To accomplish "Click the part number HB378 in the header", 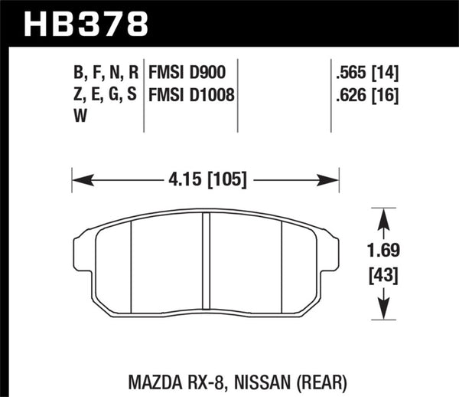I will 86,22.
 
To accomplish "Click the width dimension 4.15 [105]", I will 204,181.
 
